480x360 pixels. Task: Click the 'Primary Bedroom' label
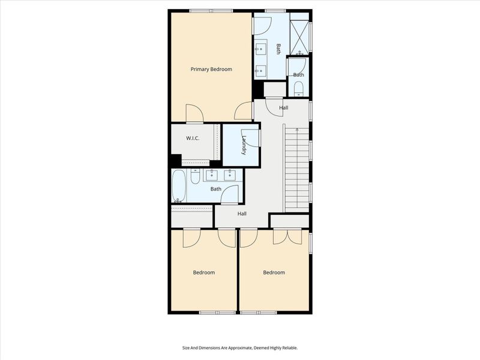click(x=211, y=70)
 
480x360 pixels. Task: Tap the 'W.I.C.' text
click(x=192, y=138)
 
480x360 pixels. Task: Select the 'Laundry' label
click(x=244, y=146)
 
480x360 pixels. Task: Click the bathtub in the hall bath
click(x=179, y=186)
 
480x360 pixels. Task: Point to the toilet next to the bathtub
click(x=195, y=177)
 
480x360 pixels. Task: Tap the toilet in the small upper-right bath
click(x=299, y=91)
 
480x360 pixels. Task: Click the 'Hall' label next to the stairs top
click(x=283, y=108)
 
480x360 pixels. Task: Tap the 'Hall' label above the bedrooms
click(x=242, y=214)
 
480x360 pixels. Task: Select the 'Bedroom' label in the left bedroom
click(x=203, y=272)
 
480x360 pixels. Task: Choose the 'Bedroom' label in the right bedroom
click(x=274, y=272)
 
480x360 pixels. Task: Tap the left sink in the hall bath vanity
click(x=212, y=175)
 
